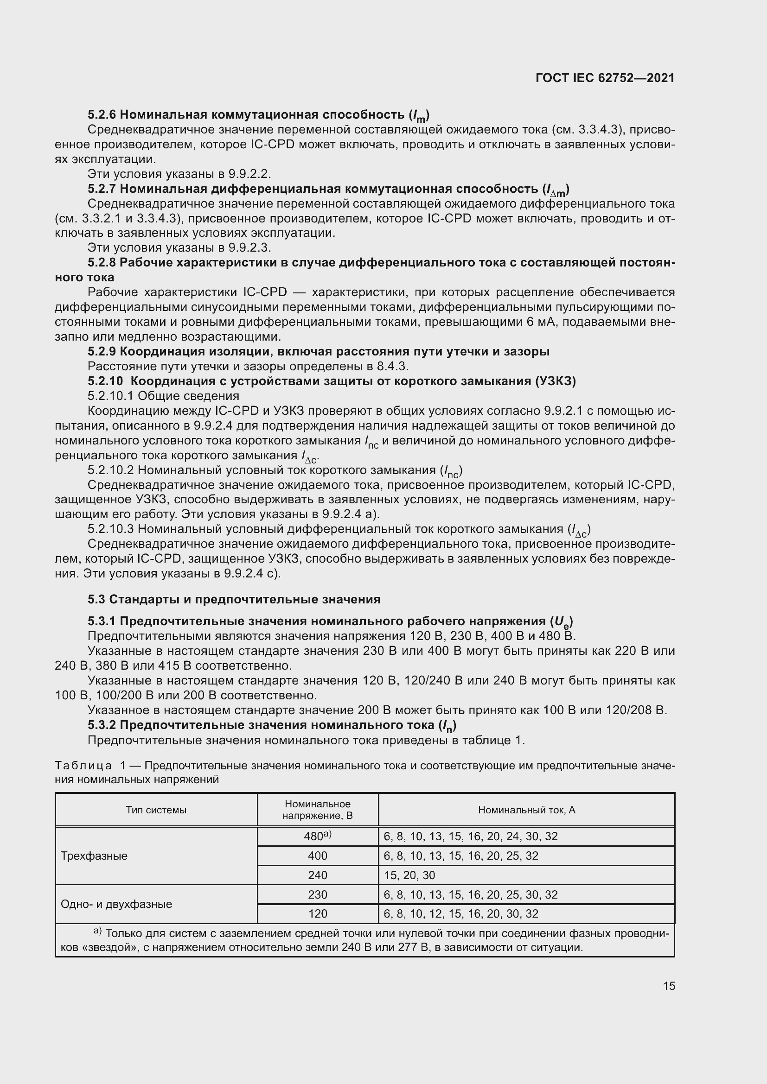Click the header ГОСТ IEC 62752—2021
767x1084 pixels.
605,78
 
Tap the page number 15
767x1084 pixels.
669,986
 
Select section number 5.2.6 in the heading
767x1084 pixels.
102,115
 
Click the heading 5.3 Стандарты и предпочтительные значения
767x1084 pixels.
234,599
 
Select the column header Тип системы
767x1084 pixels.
156,810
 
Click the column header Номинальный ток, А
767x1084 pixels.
526,810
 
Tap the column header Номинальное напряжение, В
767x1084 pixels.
317,810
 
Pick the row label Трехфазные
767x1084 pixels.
94,856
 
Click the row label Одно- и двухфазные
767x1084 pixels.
116,904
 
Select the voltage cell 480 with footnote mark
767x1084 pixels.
317,836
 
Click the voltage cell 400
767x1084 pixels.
317,856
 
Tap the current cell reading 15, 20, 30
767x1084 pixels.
409,875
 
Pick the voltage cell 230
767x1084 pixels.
317,894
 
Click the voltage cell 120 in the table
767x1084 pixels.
317,913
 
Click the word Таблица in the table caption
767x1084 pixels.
83,765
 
